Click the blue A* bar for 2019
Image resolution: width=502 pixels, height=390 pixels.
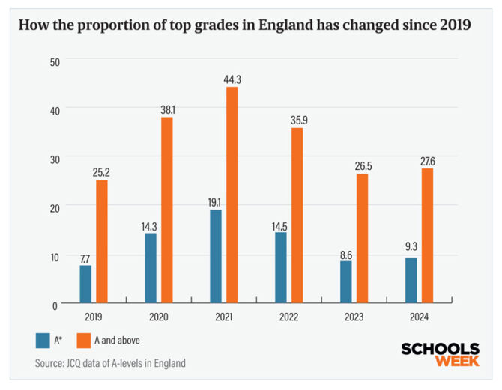click(x=85, y=284)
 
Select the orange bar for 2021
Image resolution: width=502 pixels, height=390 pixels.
click(x=232, y=195)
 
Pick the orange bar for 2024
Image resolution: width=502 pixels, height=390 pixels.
click(x=427, y=236)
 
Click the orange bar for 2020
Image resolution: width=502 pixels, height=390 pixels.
click(x=167, y=210)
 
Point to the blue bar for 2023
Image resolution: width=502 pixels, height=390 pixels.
click(x=345, y=282)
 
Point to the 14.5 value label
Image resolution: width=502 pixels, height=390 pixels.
click(x=280, y=224)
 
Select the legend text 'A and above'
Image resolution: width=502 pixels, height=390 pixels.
click(x=117, y=340)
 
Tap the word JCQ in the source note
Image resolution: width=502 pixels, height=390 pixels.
click(x=79, y=363)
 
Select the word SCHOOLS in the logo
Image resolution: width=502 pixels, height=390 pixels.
click(x=441, y=348)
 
